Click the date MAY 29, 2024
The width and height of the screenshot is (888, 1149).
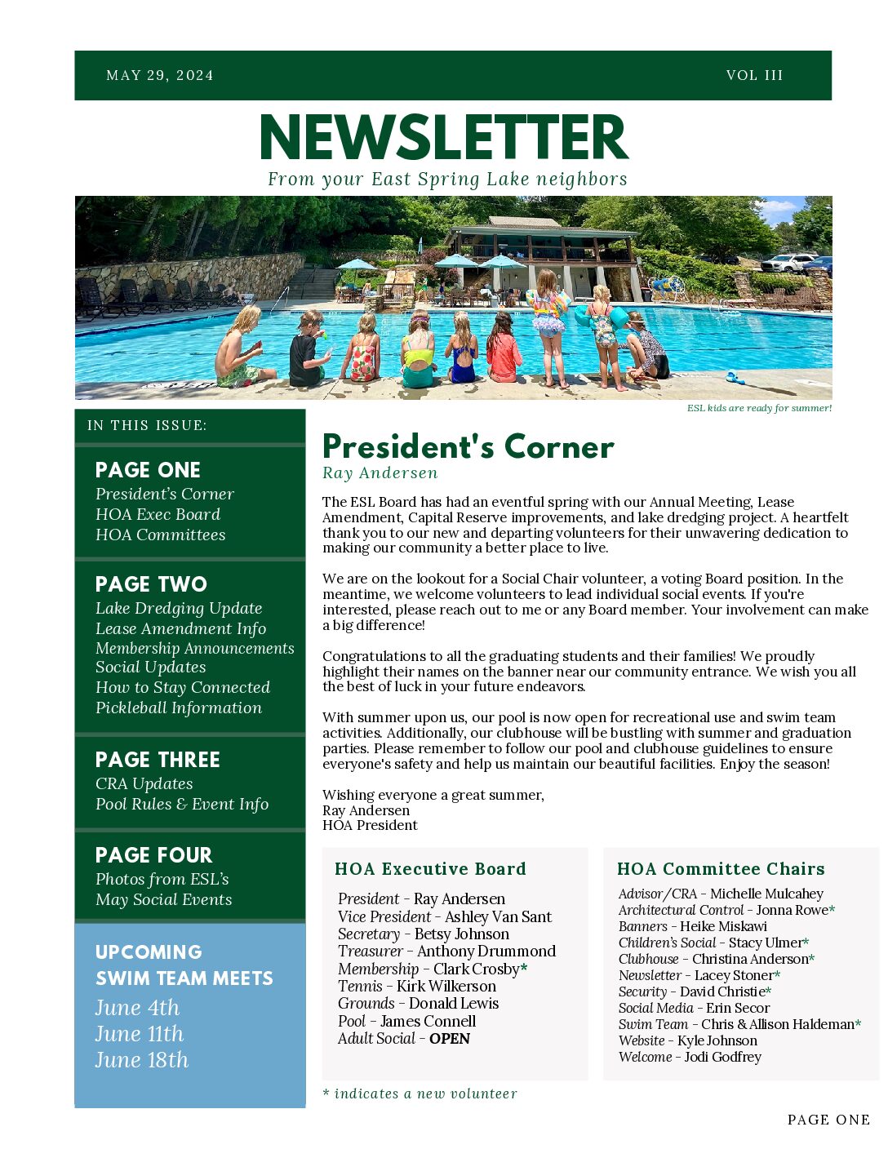(x=160, y=76)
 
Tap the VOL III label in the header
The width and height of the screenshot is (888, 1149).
(x=754, y=76)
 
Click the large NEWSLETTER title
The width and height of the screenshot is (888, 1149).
(x=444, y=138)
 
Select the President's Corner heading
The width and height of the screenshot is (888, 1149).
(x=468, y=447)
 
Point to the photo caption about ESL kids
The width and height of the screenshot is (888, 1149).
(x=759, y=408)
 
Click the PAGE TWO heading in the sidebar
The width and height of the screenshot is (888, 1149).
(x=151, y=584)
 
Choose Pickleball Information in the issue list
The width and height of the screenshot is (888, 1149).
(x=179, y=708)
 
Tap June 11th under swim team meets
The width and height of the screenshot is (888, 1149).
(x=140, y=1034)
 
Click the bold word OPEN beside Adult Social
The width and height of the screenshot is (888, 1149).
(x=450, y=1039)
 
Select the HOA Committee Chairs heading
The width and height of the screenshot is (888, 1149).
(x=721, y=869)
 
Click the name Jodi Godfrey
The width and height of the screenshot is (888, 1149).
(x=722, y=1057)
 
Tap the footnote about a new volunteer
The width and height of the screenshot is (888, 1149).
(x=420, y=1094)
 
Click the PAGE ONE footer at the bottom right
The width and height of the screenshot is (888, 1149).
(x=828, y=1120)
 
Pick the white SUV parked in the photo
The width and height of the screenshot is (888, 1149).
(x=788, y=263)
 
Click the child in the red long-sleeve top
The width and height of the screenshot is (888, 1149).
(x=503, y=351)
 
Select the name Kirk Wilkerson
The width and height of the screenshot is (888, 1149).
(x=446, y=986)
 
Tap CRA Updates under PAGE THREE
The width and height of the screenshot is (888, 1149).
(x=144, y=783)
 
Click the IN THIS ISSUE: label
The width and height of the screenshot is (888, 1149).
(x=147, y=425)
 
